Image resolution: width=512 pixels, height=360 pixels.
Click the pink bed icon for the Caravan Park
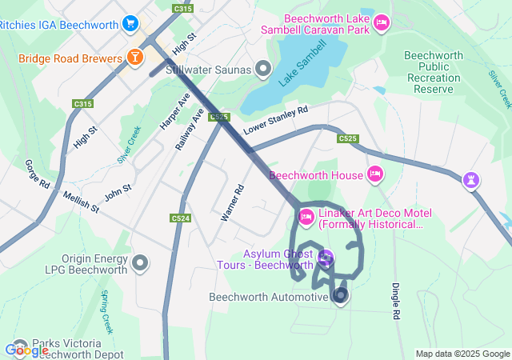click(381, 22)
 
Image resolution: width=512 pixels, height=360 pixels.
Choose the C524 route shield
click(181, 218)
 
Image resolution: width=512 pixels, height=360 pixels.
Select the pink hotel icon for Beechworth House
click(375, 174)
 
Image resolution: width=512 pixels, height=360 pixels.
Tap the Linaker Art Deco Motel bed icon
click(306, 216)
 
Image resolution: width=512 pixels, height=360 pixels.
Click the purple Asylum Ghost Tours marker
click(325, 258)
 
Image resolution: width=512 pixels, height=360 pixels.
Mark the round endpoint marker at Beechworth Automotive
click(341, 296)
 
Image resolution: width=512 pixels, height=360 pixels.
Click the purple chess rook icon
click(474, 180)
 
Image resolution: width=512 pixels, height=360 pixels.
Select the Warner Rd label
click(231, 203)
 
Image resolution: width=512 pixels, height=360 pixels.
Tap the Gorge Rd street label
click(38, 174)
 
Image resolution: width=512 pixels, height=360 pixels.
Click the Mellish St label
click(82, 202)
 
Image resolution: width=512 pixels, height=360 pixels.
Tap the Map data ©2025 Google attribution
click(462, 354)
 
